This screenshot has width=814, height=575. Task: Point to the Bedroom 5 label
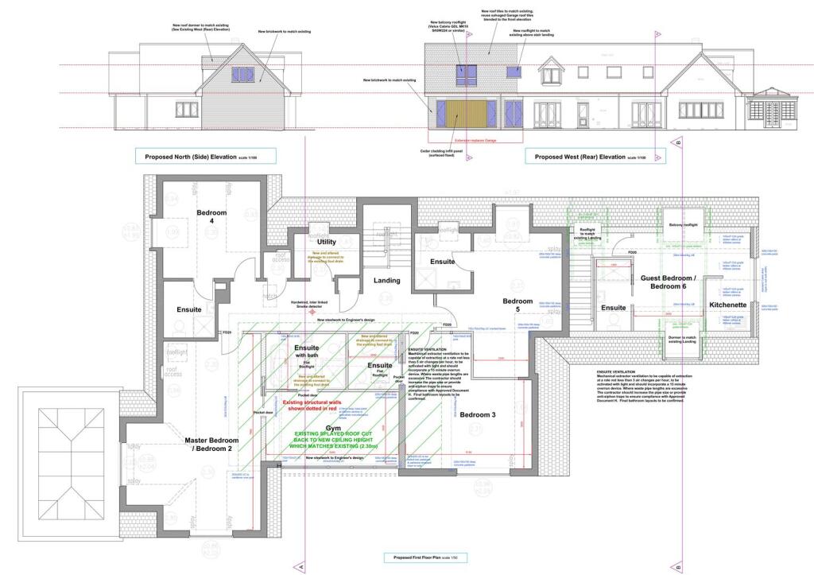click(517, 306)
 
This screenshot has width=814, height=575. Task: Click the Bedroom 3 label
click(477, 415)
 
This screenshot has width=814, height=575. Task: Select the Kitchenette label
click(728, 305)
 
